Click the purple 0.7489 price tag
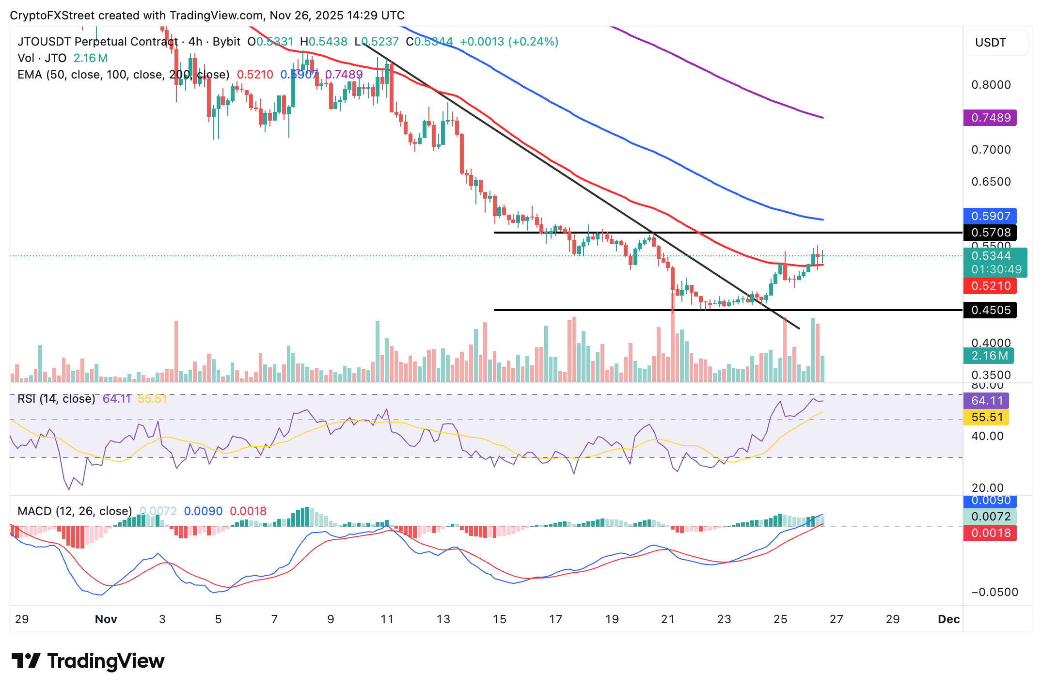point(990,118)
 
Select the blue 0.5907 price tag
point(990,216)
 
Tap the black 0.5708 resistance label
point(990,233)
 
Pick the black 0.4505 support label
point(990,310)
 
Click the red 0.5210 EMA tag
point(990,286)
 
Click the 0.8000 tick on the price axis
point(991,85)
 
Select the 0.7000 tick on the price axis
point(991,150)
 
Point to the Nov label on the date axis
point(106,619)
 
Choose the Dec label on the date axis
point(948,619)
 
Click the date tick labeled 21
point(668,619)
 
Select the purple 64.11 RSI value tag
point(986,401)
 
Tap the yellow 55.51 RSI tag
point(986,417)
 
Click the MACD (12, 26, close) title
point(75,511)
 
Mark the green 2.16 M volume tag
point(989,356)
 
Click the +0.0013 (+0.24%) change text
point(509,42)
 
